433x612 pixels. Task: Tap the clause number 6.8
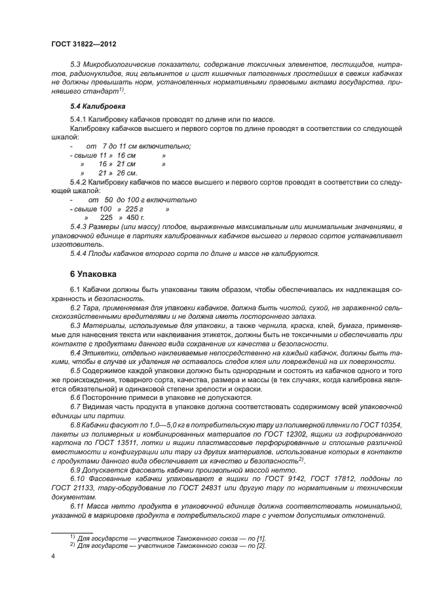pos(75,424)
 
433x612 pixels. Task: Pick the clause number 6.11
pos(77,489)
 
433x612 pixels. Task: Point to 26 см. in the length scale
pos(127,173)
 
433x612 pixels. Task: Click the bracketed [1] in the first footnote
pos(261,538)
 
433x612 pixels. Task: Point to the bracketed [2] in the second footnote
pos(261,546)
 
